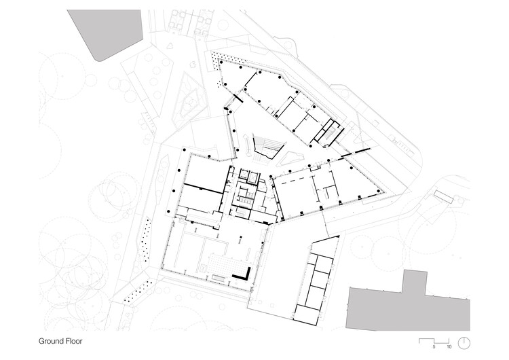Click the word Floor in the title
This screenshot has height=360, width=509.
74,341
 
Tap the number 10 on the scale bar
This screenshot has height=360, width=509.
449,347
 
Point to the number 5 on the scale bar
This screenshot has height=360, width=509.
434,347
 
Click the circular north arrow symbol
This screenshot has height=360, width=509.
464,342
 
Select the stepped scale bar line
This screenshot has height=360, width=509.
434,341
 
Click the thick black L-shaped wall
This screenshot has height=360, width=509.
243,274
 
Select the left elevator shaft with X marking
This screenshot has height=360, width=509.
244,174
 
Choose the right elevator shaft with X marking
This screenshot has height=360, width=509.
252,177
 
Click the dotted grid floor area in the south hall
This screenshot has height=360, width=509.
224,264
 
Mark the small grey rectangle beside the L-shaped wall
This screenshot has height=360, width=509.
219,278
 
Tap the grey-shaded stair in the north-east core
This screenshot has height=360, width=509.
329,133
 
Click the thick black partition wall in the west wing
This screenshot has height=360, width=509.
203,187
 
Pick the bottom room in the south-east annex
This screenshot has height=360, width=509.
307,314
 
